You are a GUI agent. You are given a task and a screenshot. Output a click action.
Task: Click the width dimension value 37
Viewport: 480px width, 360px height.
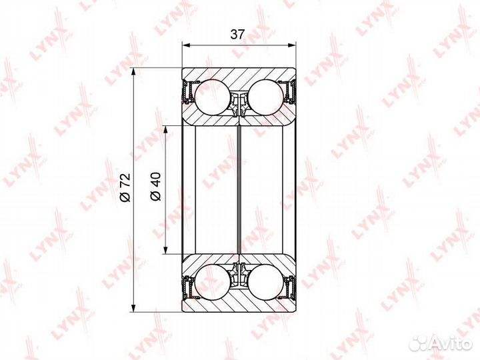pyautogui.click(x=237, y=34)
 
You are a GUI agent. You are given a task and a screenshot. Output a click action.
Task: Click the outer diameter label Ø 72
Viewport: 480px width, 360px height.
pyautogui.click(x=125, y=187)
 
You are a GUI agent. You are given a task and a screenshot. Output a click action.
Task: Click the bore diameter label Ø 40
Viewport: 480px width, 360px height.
pyautogui.click(x=155, y=186)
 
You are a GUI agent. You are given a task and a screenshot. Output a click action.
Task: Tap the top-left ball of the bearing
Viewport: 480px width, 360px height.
pyautogui.click(x=212, y=97)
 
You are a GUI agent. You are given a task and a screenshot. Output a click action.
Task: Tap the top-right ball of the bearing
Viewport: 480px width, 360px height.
pyautogui.click(x=265, y=97)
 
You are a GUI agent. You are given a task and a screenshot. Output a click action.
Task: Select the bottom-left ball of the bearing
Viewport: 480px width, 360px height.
pyautogui.click(x=212, y=282)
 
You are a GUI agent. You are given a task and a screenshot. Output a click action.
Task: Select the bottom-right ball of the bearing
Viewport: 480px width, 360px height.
pyautogui.click(x=265, y=282)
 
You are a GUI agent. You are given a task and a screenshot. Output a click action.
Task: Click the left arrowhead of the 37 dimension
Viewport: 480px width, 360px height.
pyautogui.click(x=186, y=45)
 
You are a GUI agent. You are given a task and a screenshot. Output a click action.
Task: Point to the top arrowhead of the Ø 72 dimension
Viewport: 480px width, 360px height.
pyautogui.click(x=133, y=72)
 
